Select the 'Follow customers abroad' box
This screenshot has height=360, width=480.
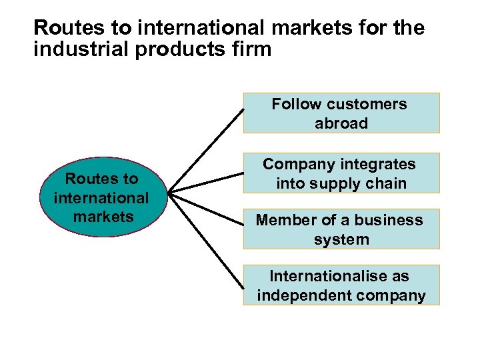coord(341,113)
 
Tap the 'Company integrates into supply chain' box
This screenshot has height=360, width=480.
coord(341,173)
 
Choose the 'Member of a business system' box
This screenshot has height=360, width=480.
coord(341,229)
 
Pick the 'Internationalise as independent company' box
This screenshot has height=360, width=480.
coord(341,285)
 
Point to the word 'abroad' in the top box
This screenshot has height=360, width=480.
coord(341,123)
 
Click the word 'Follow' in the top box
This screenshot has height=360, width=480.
coord(298,104)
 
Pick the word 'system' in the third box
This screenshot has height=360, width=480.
coord(341,239)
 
